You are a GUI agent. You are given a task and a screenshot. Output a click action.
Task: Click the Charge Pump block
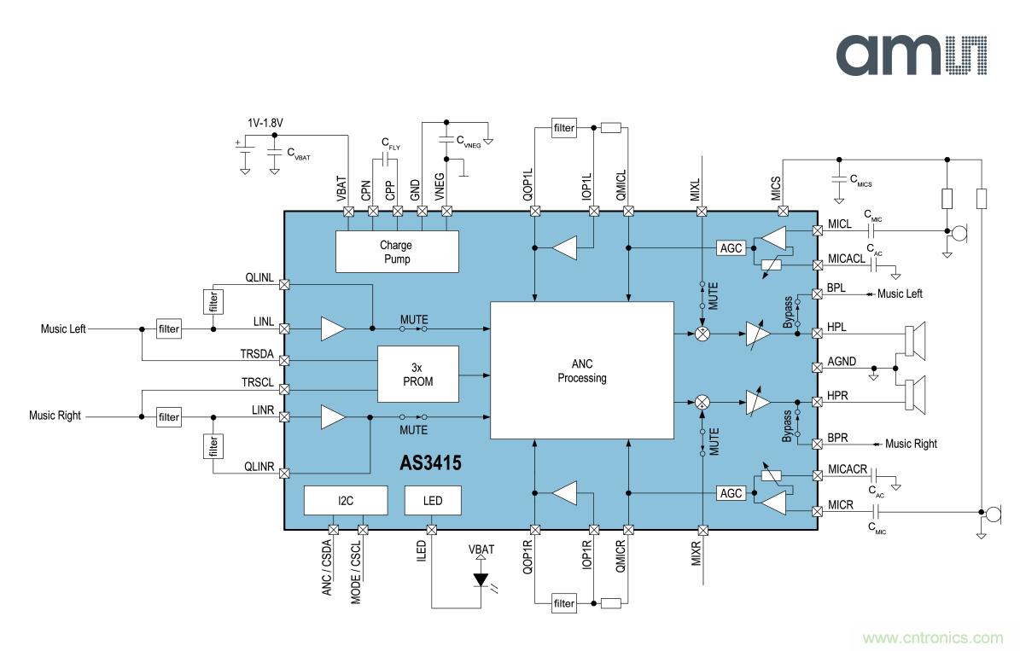[396, 252]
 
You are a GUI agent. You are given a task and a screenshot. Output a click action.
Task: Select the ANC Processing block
[581, 371]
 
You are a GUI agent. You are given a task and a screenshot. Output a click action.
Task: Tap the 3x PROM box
[417, 375]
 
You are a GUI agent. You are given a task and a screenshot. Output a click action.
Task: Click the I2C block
[346, 500]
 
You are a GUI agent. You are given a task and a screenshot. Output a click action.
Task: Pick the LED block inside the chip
[433, 500]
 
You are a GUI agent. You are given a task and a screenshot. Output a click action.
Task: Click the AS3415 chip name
[430, 463]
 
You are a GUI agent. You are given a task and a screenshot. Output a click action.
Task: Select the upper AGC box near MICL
[731, 247]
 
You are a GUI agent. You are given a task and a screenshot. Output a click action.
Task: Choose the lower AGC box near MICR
[731, 493]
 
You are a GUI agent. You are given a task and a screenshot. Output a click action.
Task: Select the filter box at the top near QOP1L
[564, 129]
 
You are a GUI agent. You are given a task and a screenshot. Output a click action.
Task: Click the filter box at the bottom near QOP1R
[564, 604]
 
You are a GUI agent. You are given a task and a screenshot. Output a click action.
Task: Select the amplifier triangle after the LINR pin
[333, 416]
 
